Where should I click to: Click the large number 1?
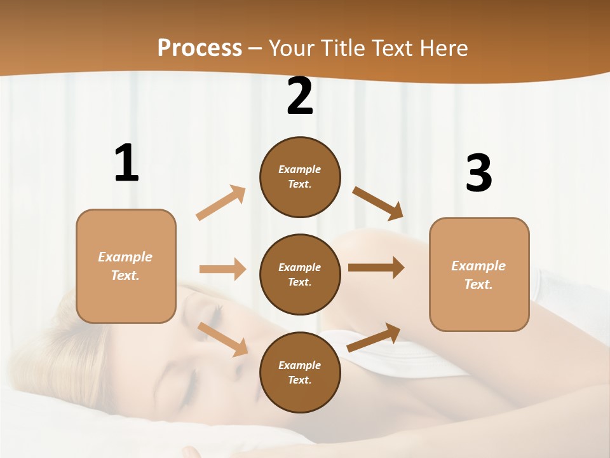pyautogui.click(x=126, y=163)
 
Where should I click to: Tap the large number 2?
pyautogui.click(x=300, y=97)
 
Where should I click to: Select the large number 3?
pyautogui.click(x=478, y=174)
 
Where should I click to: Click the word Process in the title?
pyautogui.click(x=200, y=48)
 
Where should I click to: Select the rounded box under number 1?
pyautogui.click(x=126, y=266)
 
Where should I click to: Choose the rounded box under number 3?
pyautogui.click(x=479, y=275)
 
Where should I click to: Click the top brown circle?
pyautogui.click(x=300, y=177)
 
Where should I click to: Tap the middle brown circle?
pyautogui.click(x=300, y=274)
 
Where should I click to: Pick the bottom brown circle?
pyautogui.click(x=300, y=372)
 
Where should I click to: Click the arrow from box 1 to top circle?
pyautogui.click(x=221, y=203)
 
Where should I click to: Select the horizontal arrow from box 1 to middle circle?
pyautogui.click(x=222, y=269)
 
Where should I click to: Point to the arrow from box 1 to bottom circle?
pyautogui.click(x=222, y=339)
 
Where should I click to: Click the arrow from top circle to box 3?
pyautogui.click(x=378, y=204)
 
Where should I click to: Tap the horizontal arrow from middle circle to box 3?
pyautogui.click(x=376, y=268)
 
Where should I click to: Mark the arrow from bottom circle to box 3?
pyautogui.click(x=374, y=337)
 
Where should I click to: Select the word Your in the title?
pyautogui.click(x=290, y=48)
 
